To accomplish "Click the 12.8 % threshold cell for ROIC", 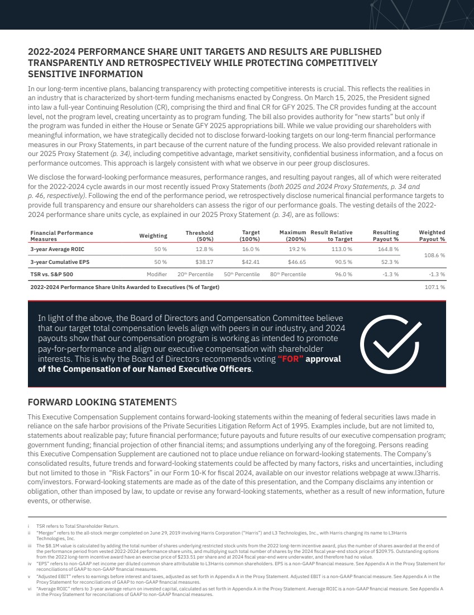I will pos(204,249).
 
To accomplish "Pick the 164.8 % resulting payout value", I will pos(390,249).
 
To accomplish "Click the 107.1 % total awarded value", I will pos(436,287).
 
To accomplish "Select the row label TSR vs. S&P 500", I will pos(51,275).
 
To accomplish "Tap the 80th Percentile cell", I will pos(289,275).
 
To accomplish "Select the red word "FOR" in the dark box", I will pos(290,359).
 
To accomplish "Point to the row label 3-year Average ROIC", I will pos(57,249).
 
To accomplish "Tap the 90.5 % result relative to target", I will pos(343,261).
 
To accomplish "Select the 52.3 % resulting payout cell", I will pos(390,261).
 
